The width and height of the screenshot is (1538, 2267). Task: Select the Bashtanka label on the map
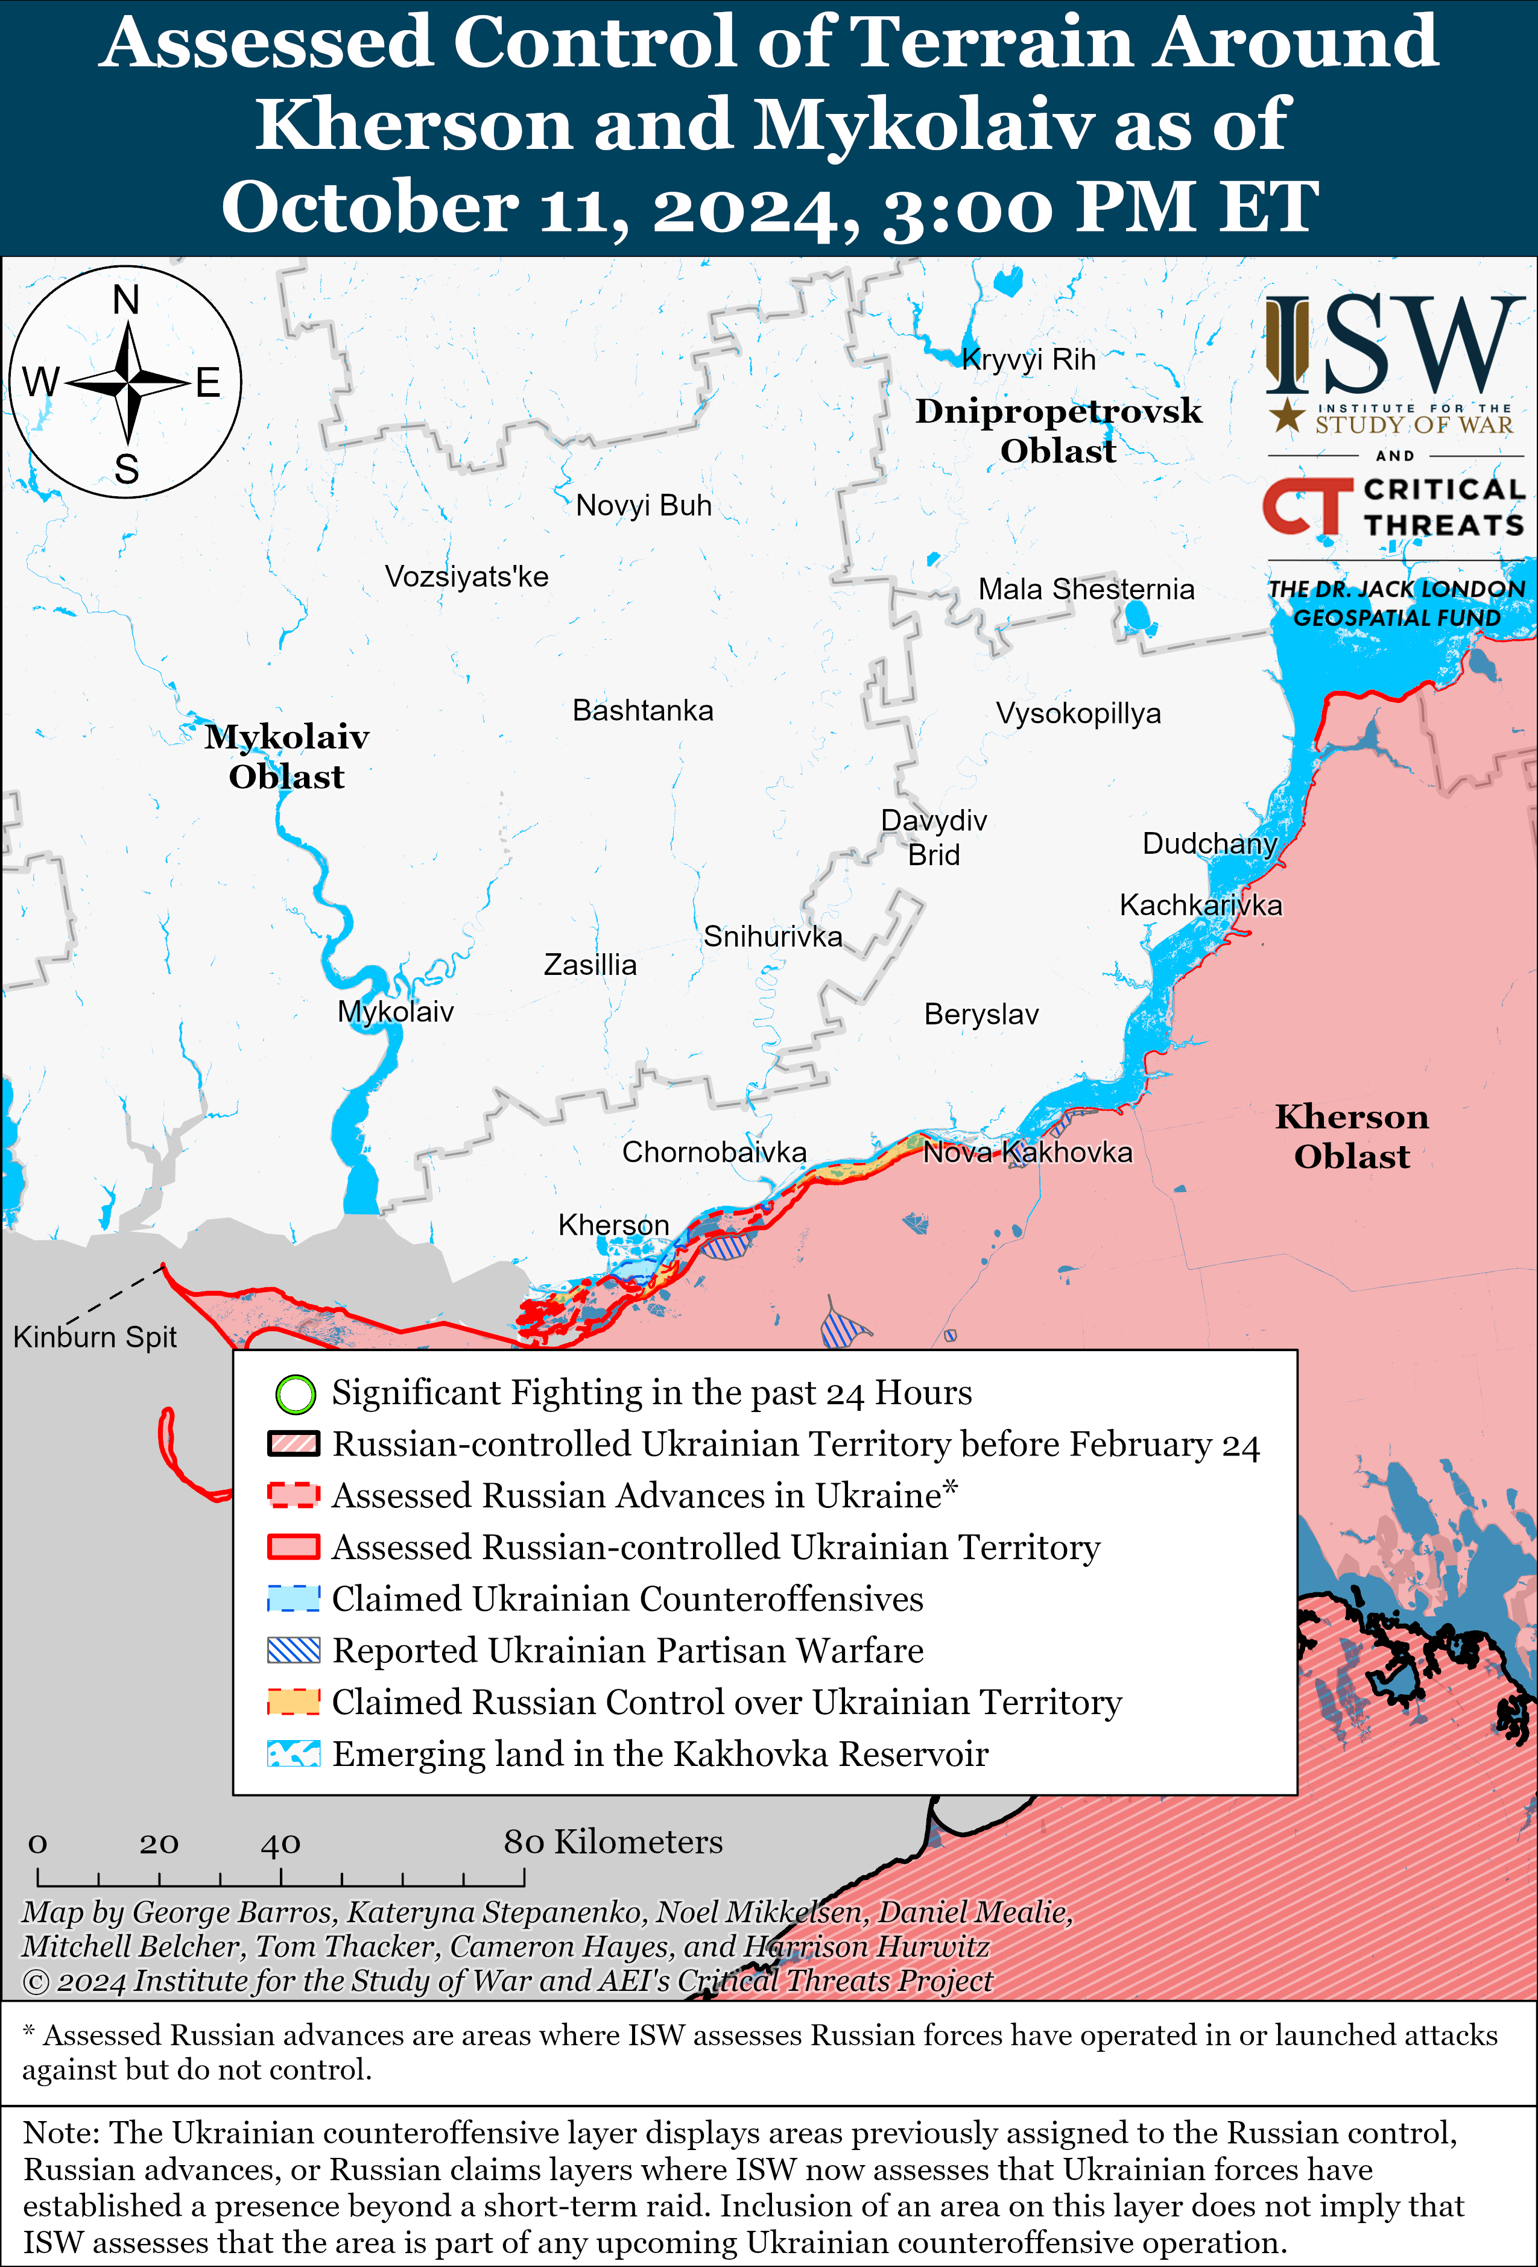642,710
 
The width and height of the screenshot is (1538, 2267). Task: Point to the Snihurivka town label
772,936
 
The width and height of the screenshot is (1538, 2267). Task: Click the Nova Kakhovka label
1028,1152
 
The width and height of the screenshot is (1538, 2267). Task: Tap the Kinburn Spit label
95,1337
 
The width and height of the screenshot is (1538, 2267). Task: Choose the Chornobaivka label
714,1152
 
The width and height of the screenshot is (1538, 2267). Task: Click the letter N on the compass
126,300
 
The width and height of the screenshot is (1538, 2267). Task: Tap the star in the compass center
128,382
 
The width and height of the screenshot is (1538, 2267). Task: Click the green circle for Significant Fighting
295,1394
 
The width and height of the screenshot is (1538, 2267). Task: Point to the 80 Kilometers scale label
613,1842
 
